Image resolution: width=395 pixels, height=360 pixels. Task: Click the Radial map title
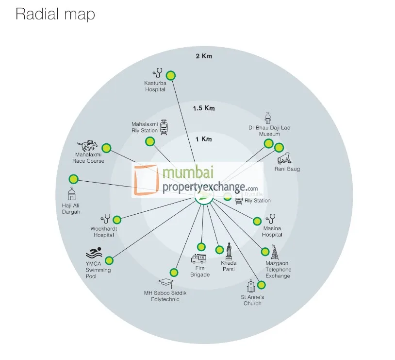[x=55, y=14]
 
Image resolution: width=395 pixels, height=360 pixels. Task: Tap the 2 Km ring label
[x=204, y=56]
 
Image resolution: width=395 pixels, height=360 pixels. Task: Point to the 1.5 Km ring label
[x=204, y=108]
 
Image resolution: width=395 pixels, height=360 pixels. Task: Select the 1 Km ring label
[x=204, y=139]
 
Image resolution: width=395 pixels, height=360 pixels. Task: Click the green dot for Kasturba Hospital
[x=170, y=75]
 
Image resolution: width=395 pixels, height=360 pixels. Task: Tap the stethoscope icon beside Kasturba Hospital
[x=157, y=73]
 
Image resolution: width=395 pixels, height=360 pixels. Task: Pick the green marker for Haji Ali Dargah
[x=73, y=179]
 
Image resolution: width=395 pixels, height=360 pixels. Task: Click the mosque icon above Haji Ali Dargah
[x=72, y=195]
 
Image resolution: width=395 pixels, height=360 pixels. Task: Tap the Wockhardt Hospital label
[x=104, y=232]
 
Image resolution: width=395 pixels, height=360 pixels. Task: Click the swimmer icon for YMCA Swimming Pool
[x=94, y=254]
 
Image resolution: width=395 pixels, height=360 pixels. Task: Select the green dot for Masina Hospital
[x=257, y=221]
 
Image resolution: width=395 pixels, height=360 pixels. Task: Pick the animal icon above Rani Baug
[x=284, y=159]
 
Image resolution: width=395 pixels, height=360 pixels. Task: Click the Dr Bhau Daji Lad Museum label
[x=269, y=131]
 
